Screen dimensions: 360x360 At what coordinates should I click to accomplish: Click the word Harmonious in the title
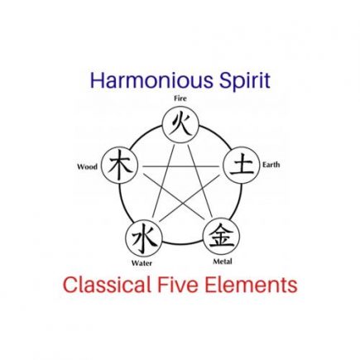point(151,80)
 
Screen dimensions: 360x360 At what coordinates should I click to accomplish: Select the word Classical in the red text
point(107,285)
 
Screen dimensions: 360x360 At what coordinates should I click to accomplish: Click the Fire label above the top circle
point(180,98)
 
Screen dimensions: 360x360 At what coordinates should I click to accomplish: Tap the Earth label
point(271,165)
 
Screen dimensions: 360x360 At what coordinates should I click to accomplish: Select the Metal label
point(223,262)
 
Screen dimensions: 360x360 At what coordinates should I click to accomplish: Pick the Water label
point(142,263)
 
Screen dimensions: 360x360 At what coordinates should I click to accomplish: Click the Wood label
point(87,167)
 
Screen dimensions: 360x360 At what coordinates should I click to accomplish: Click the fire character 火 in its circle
point(181,125)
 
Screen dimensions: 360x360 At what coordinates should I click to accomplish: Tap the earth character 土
point(242,166)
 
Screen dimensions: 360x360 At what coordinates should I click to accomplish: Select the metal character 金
point(221,235)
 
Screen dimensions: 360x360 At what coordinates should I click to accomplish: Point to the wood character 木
point(120,166)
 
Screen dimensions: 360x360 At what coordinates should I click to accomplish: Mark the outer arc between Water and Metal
point(183,244)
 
